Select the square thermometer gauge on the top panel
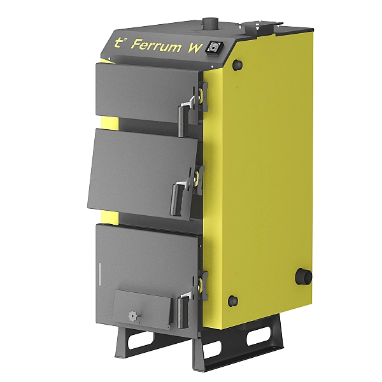point(215,46)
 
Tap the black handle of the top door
point(182,120)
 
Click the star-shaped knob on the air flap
point(132,315)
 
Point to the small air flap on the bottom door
point(141,309)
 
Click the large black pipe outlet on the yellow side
point(304,277)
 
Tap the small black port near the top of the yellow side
point(237,65)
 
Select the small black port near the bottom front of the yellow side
point(232,299)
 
